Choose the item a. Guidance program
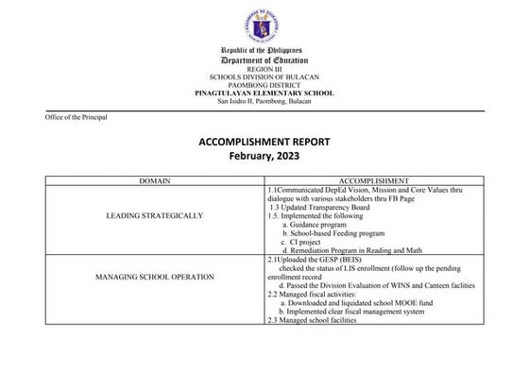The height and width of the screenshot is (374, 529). [x=321, y=225]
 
